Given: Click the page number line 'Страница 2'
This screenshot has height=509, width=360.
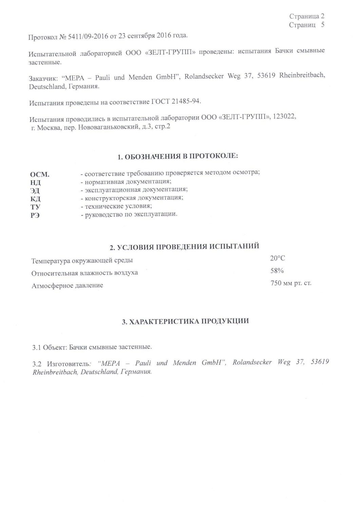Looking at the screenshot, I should click(x=307, y=16).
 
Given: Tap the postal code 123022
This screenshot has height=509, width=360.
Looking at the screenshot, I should click(x=284, y=117).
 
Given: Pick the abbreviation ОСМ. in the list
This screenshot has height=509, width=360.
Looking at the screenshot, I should click(x=40, y=175).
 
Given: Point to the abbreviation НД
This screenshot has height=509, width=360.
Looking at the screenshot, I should click(x=35, y=183).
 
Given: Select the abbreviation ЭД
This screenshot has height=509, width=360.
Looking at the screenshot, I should click(x=35, y=191).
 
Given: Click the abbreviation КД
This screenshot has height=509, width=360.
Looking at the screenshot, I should click(x=35, y=199).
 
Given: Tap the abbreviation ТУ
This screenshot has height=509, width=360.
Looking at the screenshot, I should click(x=35, y=207).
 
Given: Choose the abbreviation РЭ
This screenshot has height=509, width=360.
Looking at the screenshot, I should click(x=35, y=215).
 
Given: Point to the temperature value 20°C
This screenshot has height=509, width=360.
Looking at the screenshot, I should click(x=278, y=259).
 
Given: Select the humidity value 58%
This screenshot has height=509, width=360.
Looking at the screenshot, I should click(x=277, y=271).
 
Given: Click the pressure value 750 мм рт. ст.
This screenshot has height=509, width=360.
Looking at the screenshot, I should click(x=291, y=283).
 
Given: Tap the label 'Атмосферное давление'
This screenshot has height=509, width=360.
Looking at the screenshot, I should click(x=67, y=286).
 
